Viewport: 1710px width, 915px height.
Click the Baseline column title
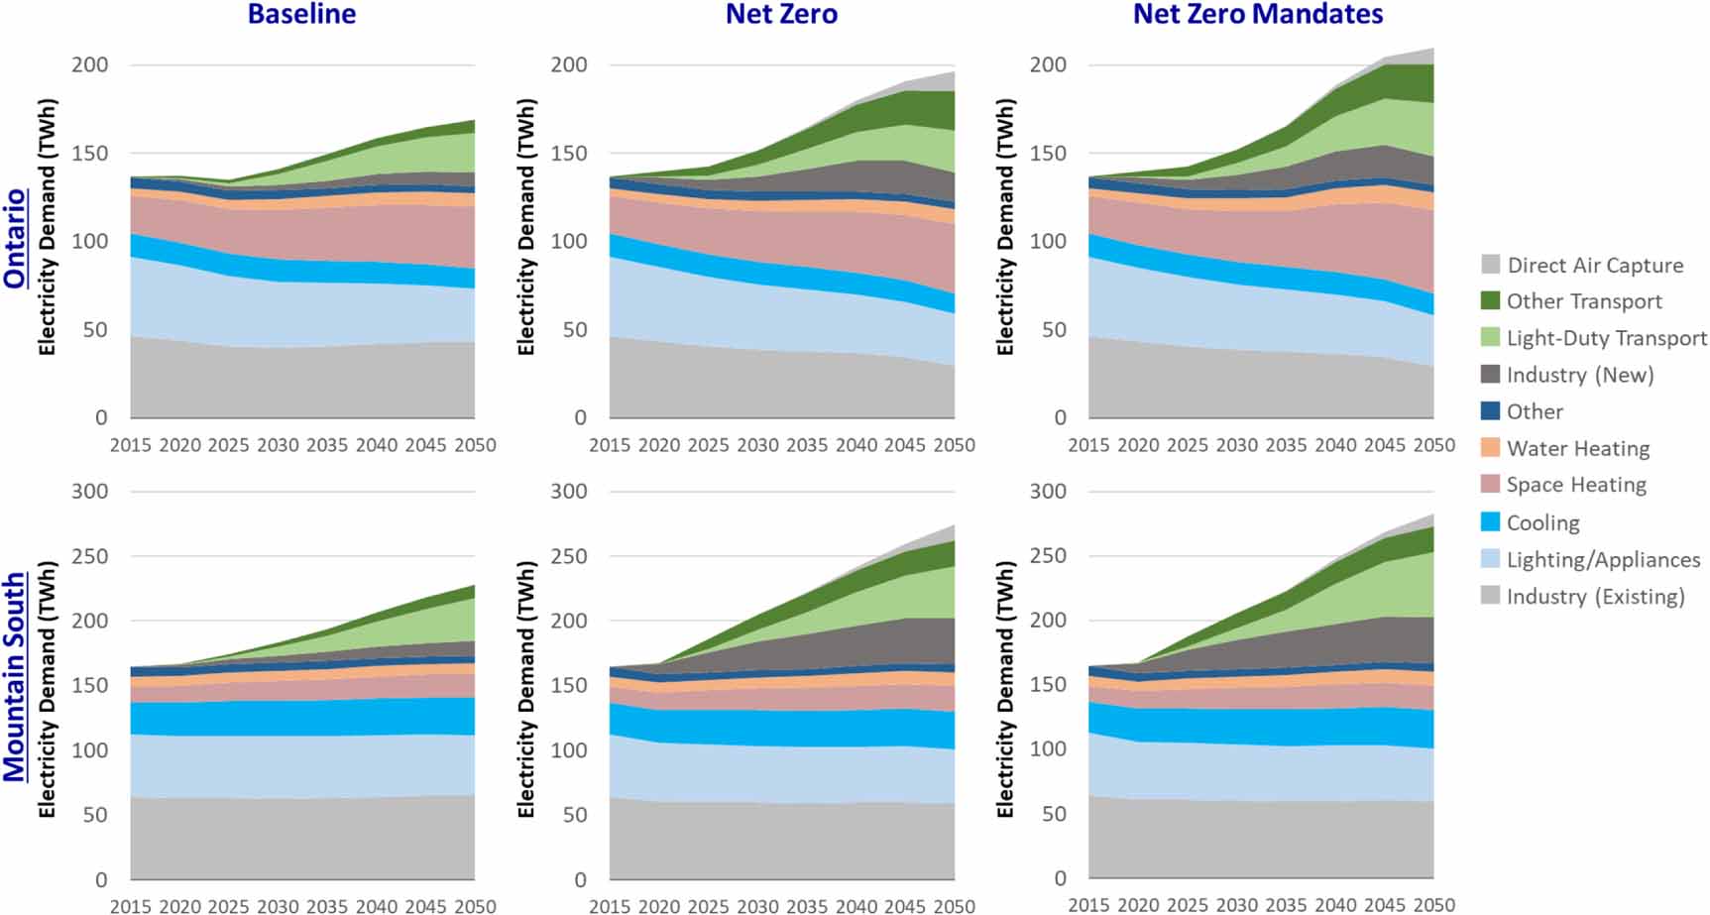click(x=301, y=14)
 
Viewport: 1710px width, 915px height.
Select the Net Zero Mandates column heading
click(x=1257, y=14)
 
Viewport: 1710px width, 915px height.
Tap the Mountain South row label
click(x=15, y=676)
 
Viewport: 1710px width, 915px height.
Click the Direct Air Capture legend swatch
click(x=1490, y=265)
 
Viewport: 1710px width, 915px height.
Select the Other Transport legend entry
click(x=1583, y=301)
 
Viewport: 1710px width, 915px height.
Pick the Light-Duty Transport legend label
click(x=1606, y=338)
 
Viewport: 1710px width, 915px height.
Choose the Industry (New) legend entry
click(x=1579, y=375)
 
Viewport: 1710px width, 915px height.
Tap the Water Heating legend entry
click(x=1577, y=448)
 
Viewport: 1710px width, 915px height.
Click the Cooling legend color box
click(x=1490, y=522)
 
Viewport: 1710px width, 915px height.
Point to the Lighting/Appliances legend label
click(x=1603, y=559)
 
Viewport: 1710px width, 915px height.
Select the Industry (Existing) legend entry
click(x=1595, y=596)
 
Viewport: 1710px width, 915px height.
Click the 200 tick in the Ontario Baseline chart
click(x=89, y=64)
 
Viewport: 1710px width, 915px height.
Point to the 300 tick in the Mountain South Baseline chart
click(x=89, y=491)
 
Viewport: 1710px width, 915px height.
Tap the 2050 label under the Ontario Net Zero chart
click(x=954, y=445)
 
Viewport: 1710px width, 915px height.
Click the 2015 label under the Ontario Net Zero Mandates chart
click(x=1088, y=445)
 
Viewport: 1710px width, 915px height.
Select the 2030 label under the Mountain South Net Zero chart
click(x=757, y=905)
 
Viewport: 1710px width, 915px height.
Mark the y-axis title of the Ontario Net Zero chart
click(x=525, y=228)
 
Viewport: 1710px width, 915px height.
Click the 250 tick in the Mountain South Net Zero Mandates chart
click(x=1048, y=555)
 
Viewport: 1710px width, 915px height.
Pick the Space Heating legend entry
click(x=1575, y=485)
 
